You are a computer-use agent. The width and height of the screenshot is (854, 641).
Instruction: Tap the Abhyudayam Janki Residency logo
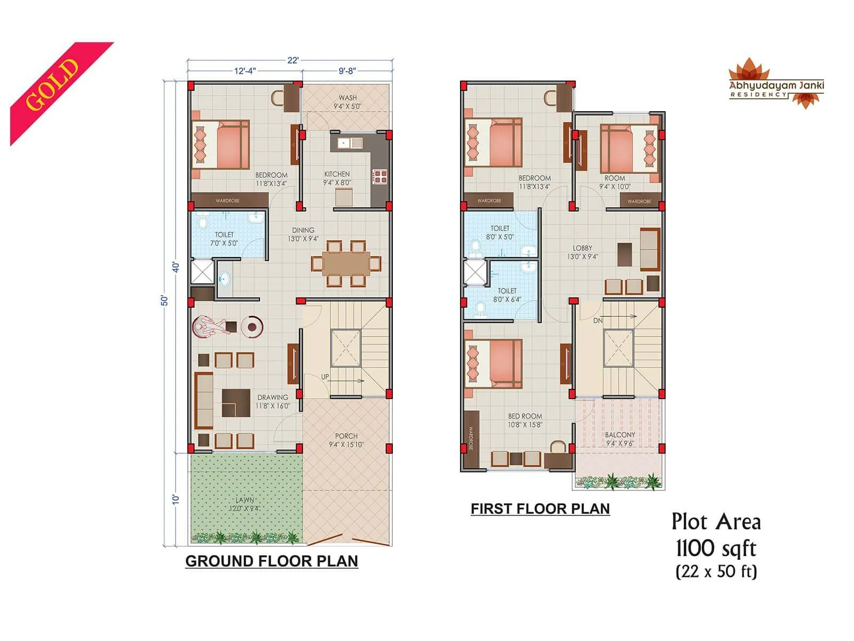(x=776, y=85)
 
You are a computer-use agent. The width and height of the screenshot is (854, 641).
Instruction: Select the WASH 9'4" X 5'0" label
(x=347, y=102)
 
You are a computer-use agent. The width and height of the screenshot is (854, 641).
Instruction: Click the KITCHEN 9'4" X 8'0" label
(x=337, y=178)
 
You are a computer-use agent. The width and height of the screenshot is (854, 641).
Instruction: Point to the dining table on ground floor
(x=345, y=263)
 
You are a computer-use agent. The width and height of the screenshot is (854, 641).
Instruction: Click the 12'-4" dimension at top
(x=245, y=71)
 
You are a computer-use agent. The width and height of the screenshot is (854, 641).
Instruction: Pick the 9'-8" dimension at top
(x=347, y=71)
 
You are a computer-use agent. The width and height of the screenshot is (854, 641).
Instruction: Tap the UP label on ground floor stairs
(x=325, y=377)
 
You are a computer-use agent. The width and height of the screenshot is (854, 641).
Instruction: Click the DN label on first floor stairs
(x=598, y=320)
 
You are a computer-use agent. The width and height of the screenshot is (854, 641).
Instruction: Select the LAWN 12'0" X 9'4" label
(x=245, y=504)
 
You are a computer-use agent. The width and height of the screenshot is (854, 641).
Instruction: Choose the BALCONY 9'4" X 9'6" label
(x=620, y=439)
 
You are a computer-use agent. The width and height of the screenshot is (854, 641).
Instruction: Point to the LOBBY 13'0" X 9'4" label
(x=582, y=252)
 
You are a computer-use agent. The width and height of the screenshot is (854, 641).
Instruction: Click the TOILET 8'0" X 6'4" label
(x=507, y=295)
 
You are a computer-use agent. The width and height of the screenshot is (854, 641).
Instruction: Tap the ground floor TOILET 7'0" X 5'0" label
(x=224, y=239)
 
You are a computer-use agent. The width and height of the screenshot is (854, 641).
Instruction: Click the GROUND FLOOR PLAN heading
(x=271, y=561)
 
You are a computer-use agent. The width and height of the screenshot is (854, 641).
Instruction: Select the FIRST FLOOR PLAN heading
(x=540, y=509)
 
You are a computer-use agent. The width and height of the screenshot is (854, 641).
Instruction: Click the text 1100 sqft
(x=716, y=548)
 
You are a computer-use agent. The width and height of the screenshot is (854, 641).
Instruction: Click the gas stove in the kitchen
(x=379, y=176)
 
